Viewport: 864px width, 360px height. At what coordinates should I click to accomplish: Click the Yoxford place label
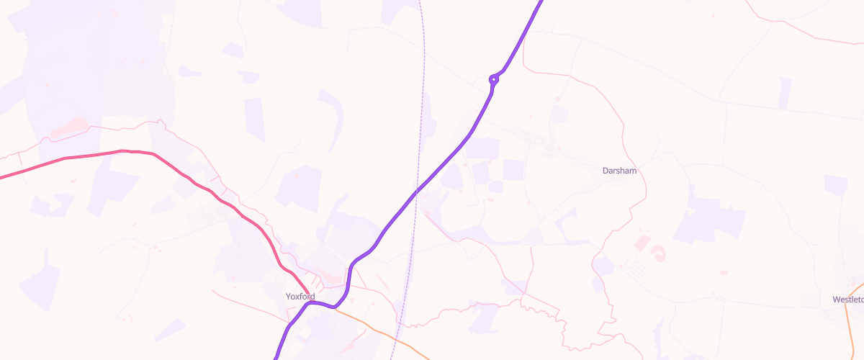(x=300, y=296)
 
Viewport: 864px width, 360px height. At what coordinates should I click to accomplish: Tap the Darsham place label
(x=619, y=171)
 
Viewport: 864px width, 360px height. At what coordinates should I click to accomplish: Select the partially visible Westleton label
(x=848, y=299)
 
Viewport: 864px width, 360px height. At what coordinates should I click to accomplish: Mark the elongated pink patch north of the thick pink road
(x=70, y=128)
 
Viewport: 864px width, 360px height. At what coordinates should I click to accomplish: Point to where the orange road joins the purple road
(x=336, y=307)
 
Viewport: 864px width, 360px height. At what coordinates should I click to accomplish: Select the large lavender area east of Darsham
(x=709, y=216)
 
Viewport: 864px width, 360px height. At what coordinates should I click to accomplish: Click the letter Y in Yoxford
(x=288, y=296)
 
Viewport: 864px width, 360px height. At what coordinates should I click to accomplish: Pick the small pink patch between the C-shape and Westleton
(x=724, y=272)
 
